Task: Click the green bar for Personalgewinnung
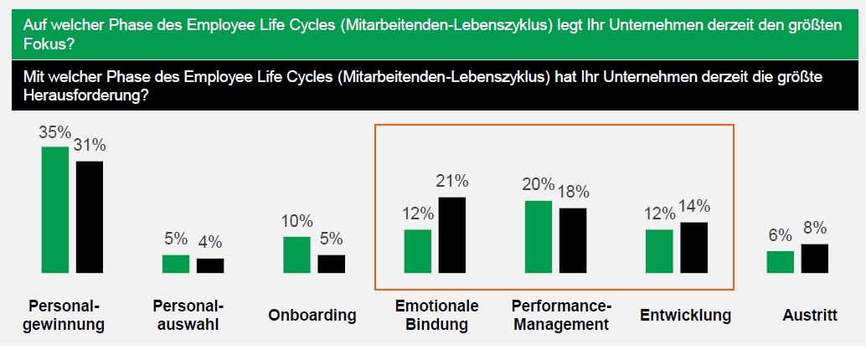pyautogui.click(x=54, y=209)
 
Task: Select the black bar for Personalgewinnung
pyautogui.click(x=90, y=217)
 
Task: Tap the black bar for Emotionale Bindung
pyautogui.click(x=452, y=234)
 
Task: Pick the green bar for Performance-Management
pyautogui.click(x=539, y=237)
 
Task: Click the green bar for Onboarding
pyautogui.click(x=296, y=255)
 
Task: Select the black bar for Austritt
pyautogui.click(x=815, y=258)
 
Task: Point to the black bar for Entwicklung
pyautogui.click(x=693, y=247)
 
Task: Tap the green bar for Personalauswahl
pyautogui.click(x=176, y=264)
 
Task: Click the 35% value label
pyautogui.click(x=54, y=133)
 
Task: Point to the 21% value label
pyautogui.click(x=452, y=182)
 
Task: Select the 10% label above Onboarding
pyautogui.click(x=296, y=222)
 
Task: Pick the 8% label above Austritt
pyautogui.click(x=814, y=229)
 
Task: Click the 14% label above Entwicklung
pyautogui.click(x=694, y=207)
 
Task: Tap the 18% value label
pyautogui.click(x=573, y=192)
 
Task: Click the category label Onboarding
pyautogui.click(x=312, y=316)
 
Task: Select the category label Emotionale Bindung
pyautogui.click(x=436, y=316)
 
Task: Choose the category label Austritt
pyautogui.click(x=809, y=316)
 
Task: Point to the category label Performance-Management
pyautogui.click(x=561, y=316)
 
